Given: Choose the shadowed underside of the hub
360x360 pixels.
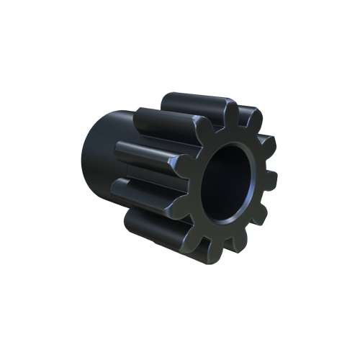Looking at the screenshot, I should [108, 209].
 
